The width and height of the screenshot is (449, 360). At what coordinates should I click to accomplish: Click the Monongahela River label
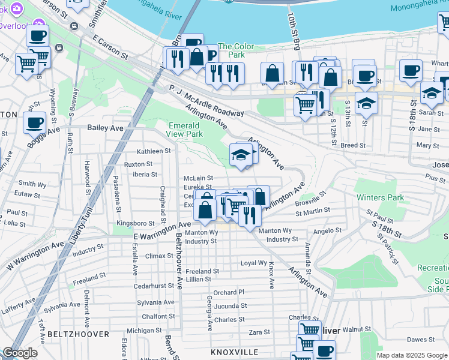[x=419, y=8]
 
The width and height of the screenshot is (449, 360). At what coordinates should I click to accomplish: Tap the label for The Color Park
[x=236, y=46]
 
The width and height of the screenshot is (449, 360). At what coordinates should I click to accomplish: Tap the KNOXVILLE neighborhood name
[x=234, y=352]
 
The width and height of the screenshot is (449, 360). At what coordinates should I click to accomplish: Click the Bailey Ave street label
[x=105, y=128]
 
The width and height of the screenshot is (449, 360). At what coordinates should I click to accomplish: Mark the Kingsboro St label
[x=136, y=223]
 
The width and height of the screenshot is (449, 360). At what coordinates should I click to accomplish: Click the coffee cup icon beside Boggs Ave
[x=35, y=122]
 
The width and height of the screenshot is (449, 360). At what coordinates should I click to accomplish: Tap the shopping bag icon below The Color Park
[x=273, y=74]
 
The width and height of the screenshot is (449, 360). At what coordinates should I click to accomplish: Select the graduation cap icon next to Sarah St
[x=432, y=92]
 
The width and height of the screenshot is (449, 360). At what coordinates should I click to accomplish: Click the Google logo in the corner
[x=20, y=353]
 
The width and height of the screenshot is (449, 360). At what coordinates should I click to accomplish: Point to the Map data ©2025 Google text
[x=411, y=355]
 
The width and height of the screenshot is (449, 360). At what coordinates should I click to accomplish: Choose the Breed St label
[x=353, y=145]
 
